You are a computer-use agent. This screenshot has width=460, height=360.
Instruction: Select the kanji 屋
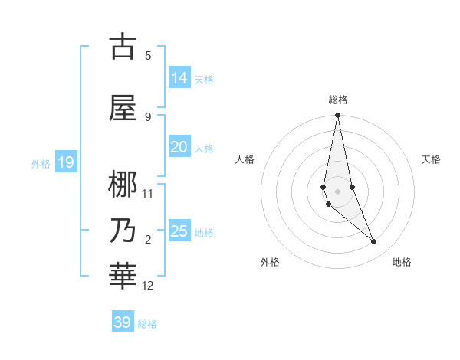point(123,109)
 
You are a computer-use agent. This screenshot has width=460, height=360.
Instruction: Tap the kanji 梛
point(123,185)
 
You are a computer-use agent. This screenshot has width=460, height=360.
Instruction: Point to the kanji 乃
point(123,231)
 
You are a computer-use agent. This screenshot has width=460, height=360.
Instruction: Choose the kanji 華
point(123,277)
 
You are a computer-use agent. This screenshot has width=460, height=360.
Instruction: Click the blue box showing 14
point(179,78)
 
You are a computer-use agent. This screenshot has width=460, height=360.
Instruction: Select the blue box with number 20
point(179,148)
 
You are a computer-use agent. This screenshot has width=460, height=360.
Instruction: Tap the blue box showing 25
point(179,231)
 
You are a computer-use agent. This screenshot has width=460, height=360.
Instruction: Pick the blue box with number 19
point(65,162)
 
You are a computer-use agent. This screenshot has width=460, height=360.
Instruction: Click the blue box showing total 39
point(123,322)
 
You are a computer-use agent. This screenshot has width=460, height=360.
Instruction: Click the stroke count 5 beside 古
point(148,55)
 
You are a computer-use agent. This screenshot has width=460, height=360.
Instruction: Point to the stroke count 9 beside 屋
point(148,117)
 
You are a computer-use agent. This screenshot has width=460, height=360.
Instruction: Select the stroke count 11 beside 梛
point(148,194)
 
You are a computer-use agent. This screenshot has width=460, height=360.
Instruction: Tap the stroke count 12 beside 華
point(148,286)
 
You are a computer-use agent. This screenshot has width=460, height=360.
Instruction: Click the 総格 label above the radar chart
point(338,100)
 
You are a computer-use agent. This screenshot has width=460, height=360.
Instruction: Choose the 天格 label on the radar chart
point(431,159)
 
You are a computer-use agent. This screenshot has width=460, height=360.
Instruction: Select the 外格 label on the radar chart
point(270,262)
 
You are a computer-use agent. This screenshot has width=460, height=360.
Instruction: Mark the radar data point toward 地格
point(374,242)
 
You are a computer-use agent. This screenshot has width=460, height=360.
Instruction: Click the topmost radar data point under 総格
point(337,115)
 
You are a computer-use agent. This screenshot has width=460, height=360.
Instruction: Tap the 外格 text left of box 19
point(40,163)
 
